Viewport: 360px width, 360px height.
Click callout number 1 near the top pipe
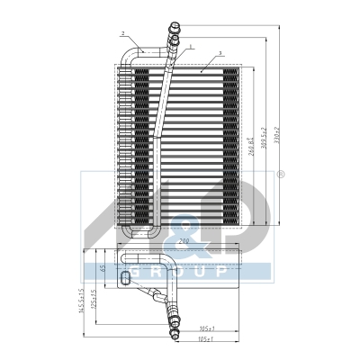click(190, 45)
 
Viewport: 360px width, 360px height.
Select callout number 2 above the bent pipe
click(121, 33)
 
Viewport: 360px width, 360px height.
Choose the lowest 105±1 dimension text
click(204, 340)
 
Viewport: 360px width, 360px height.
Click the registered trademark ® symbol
click(281, 175)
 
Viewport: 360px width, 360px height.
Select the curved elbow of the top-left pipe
click(127, 56)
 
